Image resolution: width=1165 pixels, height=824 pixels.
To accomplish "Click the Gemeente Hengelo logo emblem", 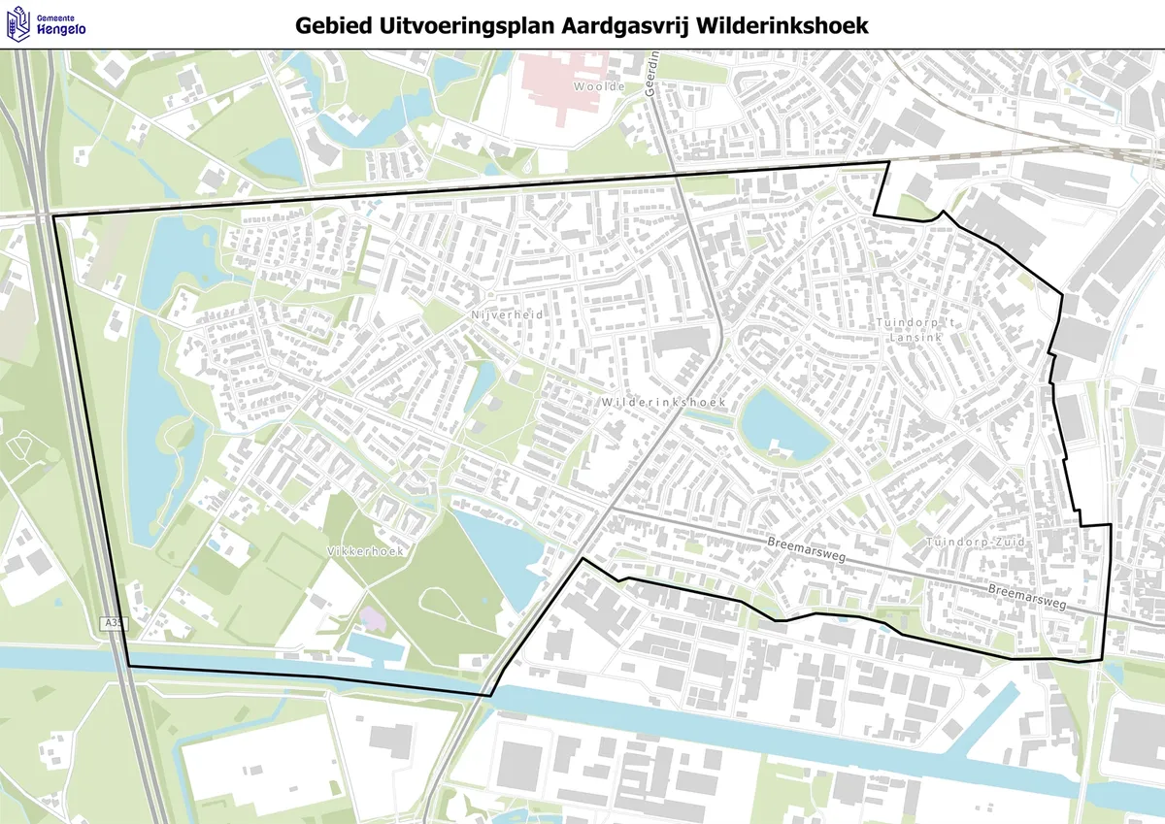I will point(17,25).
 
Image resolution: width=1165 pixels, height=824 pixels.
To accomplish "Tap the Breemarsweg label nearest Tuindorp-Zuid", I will point(1027,596).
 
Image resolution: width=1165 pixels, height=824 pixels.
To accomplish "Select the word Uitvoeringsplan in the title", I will point(475,25).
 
